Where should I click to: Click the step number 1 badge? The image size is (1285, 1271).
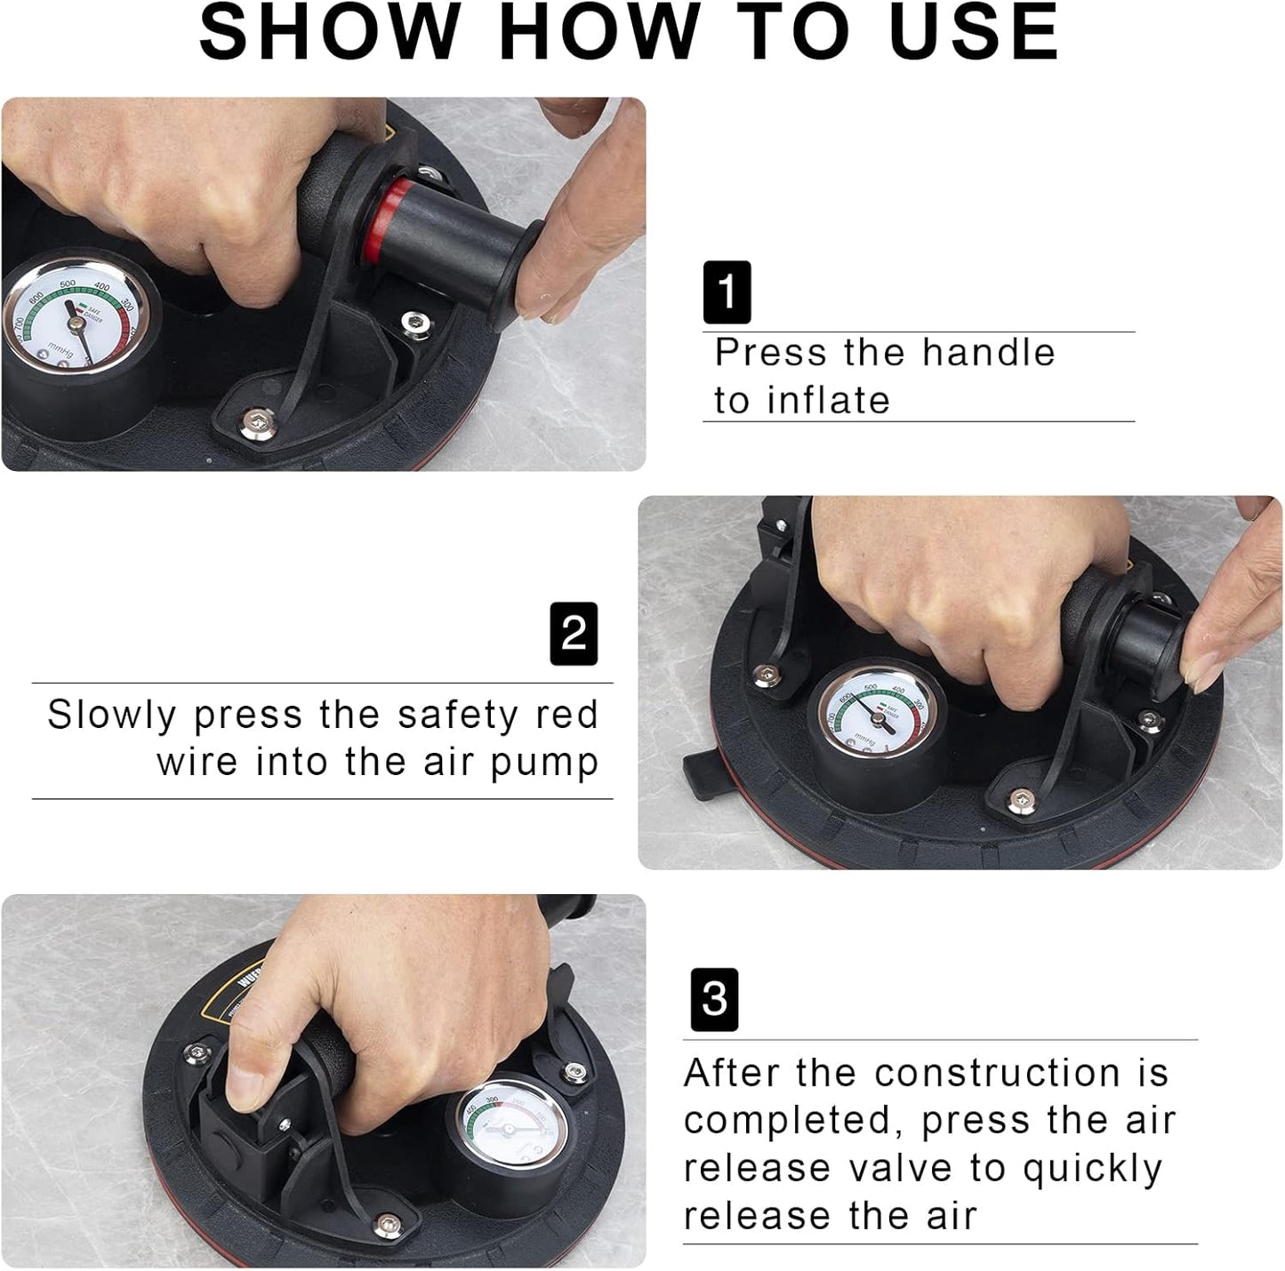(727, 292)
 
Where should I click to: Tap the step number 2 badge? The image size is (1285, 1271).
(574, 634)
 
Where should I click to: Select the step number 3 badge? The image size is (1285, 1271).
(714, 1000)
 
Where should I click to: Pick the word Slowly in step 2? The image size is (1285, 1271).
(112, 715)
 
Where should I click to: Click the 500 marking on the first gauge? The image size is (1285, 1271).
(67, 284)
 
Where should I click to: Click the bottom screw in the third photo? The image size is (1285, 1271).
(385, 1227)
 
